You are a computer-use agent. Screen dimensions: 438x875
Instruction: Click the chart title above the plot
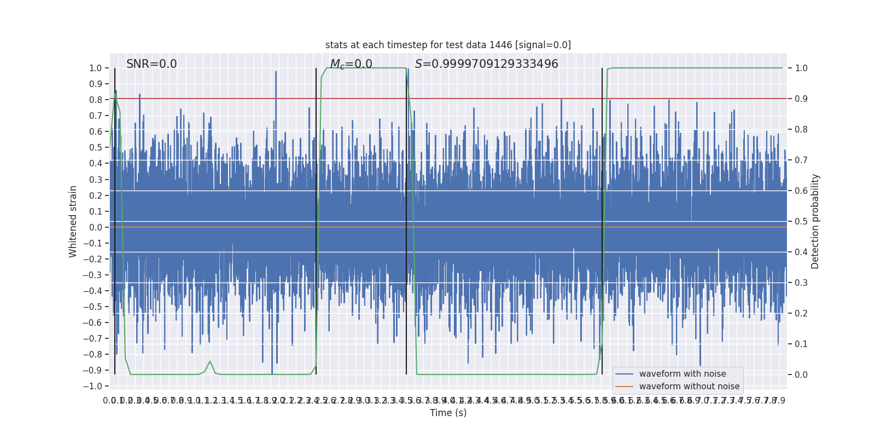click(448, 45)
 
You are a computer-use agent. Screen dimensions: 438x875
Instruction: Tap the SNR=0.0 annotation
click(151, 64)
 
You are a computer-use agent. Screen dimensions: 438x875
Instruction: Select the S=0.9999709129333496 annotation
click(486, 64)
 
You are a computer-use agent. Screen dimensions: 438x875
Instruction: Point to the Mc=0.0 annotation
click(351, 65)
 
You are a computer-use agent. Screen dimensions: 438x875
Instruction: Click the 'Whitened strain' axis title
click(73, 221)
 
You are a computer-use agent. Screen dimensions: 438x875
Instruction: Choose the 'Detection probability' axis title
click(815, 221)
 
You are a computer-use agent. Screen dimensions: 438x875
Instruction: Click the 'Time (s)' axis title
click(448, 413)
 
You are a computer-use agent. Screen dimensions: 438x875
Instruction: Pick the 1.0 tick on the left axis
click(95, 68)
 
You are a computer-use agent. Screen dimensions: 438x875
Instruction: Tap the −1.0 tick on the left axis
click(93, 387)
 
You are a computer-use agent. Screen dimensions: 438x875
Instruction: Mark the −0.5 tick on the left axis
click(93, 307)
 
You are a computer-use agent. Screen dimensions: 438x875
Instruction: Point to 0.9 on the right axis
click(801, 99)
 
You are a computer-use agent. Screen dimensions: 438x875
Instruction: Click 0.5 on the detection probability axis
click(801, 222)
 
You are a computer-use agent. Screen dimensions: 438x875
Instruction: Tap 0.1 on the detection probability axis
click(801, 344)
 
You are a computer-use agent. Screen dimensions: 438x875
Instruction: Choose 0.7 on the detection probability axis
click(801, 160)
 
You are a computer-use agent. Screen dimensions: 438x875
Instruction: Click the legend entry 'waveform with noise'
click(682, 374)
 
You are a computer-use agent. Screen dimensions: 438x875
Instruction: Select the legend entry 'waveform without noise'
click(689, 387)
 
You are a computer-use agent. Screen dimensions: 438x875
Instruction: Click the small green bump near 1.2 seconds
click(210, 362)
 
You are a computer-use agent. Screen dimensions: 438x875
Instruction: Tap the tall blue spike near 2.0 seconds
click(276, 73)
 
